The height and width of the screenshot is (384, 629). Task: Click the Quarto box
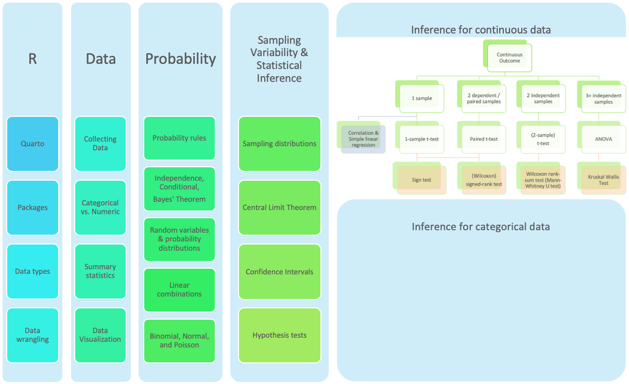click(32, 144)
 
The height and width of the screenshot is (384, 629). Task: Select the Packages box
click(32, 207)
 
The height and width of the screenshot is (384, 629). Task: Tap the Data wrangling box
click(32, 335)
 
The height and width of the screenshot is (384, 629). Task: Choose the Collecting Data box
click(100, 144)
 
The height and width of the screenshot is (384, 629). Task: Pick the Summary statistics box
click(100, 271)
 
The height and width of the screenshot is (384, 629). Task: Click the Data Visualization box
click(100, 335)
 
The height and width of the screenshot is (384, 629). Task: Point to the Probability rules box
click(179, 138)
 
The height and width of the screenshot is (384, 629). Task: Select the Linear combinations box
click(179, 290)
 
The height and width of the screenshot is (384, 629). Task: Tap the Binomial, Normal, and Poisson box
click(179, 341)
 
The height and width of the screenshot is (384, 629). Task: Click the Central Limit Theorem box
click(279, 207)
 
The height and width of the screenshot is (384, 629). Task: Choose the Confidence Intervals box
click(279, 272)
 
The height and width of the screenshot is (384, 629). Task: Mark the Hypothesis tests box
click(279, 335)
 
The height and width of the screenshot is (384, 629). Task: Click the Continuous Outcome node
click(509, 58)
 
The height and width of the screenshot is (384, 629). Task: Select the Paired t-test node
click(483, 139)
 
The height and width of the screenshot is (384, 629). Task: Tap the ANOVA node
click(603, 139)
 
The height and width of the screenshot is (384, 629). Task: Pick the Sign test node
click(421, 180)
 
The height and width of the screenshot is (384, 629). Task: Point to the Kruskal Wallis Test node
click(603, 180)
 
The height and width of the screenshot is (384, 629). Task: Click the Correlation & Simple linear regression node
click(363, 139)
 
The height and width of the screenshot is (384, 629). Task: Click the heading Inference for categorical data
click(481, 226)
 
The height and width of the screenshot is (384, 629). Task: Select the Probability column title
click(180, 59)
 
